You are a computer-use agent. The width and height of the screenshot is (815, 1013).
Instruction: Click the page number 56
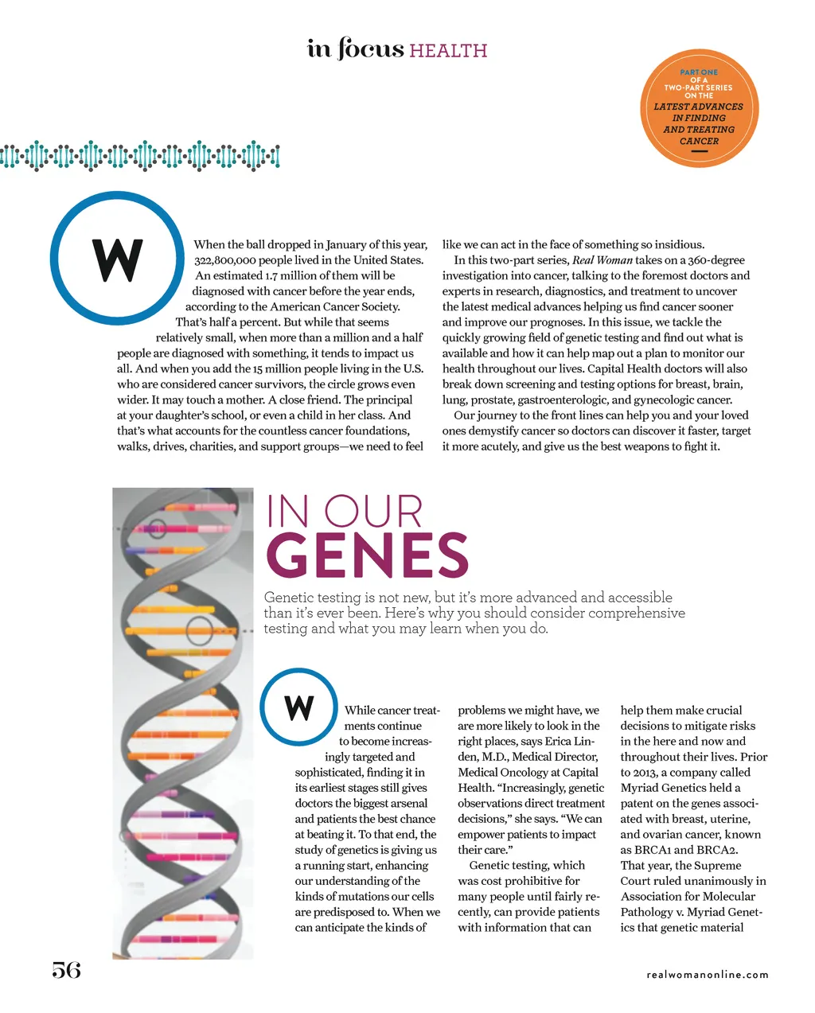[x=67, y=970]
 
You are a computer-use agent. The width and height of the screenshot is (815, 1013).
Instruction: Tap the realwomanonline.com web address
[x=708, y=975]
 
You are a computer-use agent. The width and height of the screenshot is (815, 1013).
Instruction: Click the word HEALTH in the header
[x=448, y=51]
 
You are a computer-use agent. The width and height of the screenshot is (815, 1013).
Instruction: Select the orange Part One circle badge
[x=700, y=107]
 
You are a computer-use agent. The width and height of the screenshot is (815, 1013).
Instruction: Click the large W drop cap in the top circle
[x=118, y=260]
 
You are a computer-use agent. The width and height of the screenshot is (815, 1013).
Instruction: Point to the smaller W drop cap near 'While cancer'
[x=299, y=707]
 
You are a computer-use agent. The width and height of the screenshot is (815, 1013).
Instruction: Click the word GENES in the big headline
[x=367, y=555]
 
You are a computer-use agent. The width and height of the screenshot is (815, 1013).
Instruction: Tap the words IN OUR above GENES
[x=344, y=512]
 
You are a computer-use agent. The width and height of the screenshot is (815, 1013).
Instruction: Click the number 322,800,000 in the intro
[x=236, y=260]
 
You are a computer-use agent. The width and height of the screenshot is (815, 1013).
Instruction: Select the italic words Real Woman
[x=602, y=260]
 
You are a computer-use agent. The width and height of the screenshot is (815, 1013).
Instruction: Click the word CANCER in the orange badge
[x=699, y=142]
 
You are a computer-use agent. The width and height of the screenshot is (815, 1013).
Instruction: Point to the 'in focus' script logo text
[x=355, y=49]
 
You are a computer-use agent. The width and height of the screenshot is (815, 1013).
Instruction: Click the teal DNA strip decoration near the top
[x=140, y=156]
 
